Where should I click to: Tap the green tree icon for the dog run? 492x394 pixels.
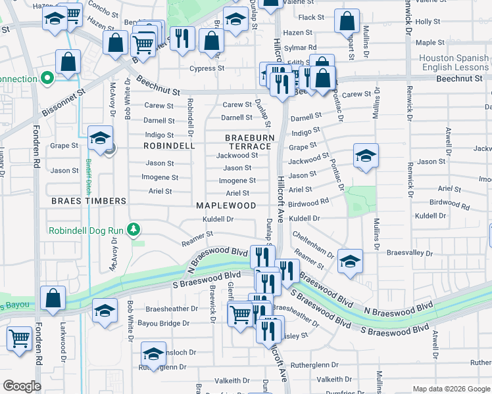134,229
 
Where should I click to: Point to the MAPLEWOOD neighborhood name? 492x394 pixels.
226,206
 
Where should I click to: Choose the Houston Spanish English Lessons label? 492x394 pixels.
455,62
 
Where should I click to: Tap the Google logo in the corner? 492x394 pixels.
22,386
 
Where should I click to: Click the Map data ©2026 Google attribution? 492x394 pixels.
451,389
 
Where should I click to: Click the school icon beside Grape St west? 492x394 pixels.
100,139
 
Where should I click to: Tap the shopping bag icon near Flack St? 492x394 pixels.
346,21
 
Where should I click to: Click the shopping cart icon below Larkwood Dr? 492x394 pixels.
20,339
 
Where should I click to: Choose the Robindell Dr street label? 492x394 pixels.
190,114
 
